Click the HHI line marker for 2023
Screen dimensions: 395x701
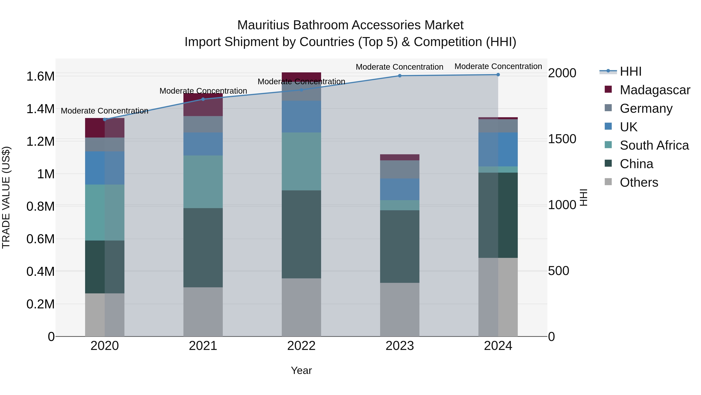[400, 76]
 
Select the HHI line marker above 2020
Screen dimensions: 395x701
[105, 119]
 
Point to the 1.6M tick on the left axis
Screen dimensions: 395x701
[40, 76]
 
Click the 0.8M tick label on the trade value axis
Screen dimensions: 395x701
[40, 206]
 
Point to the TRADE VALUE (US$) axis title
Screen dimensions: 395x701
[6, 197]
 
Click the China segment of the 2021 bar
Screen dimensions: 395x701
[203, 248]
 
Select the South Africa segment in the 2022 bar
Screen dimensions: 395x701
[301, 161]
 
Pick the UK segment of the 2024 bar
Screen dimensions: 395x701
[498, 149]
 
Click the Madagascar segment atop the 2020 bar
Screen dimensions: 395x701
[105, 128]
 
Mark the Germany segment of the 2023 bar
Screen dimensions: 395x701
[400, 169]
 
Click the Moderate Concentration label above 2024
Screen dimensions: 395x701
[498, 66]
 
